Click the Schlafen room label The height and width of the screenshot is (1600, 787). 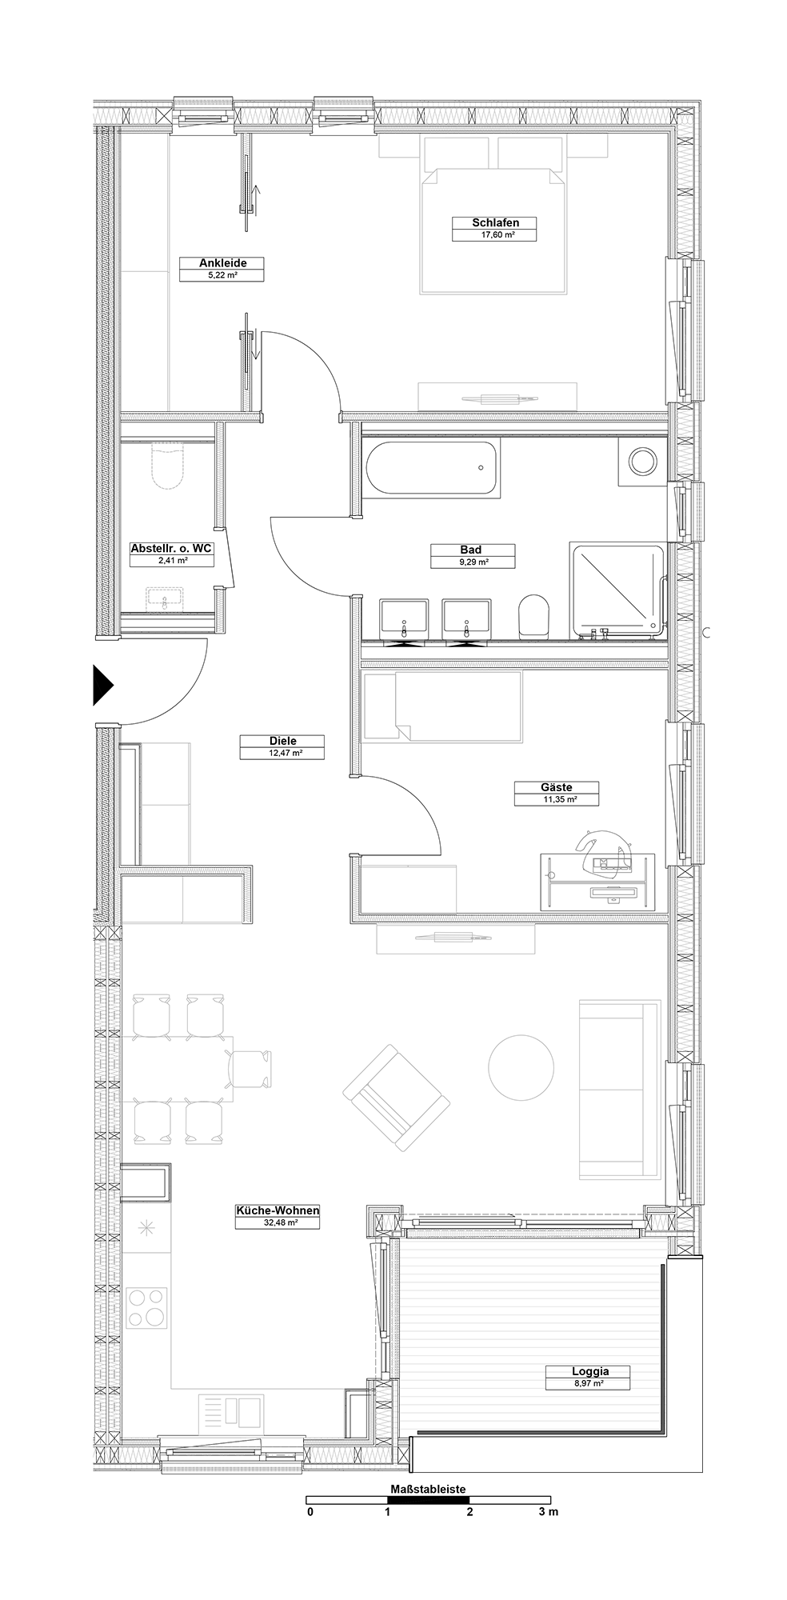click(493, 222)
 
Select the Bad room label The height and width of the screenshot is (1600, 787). click(471, 550)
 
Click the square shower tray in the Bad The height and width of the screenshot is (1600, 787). click(617, 590)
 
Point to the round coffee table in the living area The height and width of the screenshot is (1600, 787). click(521, 1067)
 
